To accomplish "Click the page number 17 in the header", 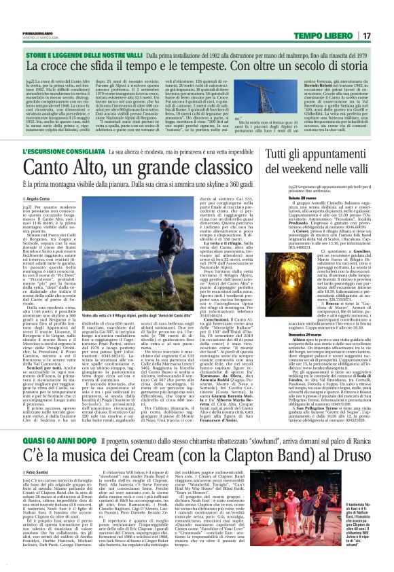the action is click(366, 35).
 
